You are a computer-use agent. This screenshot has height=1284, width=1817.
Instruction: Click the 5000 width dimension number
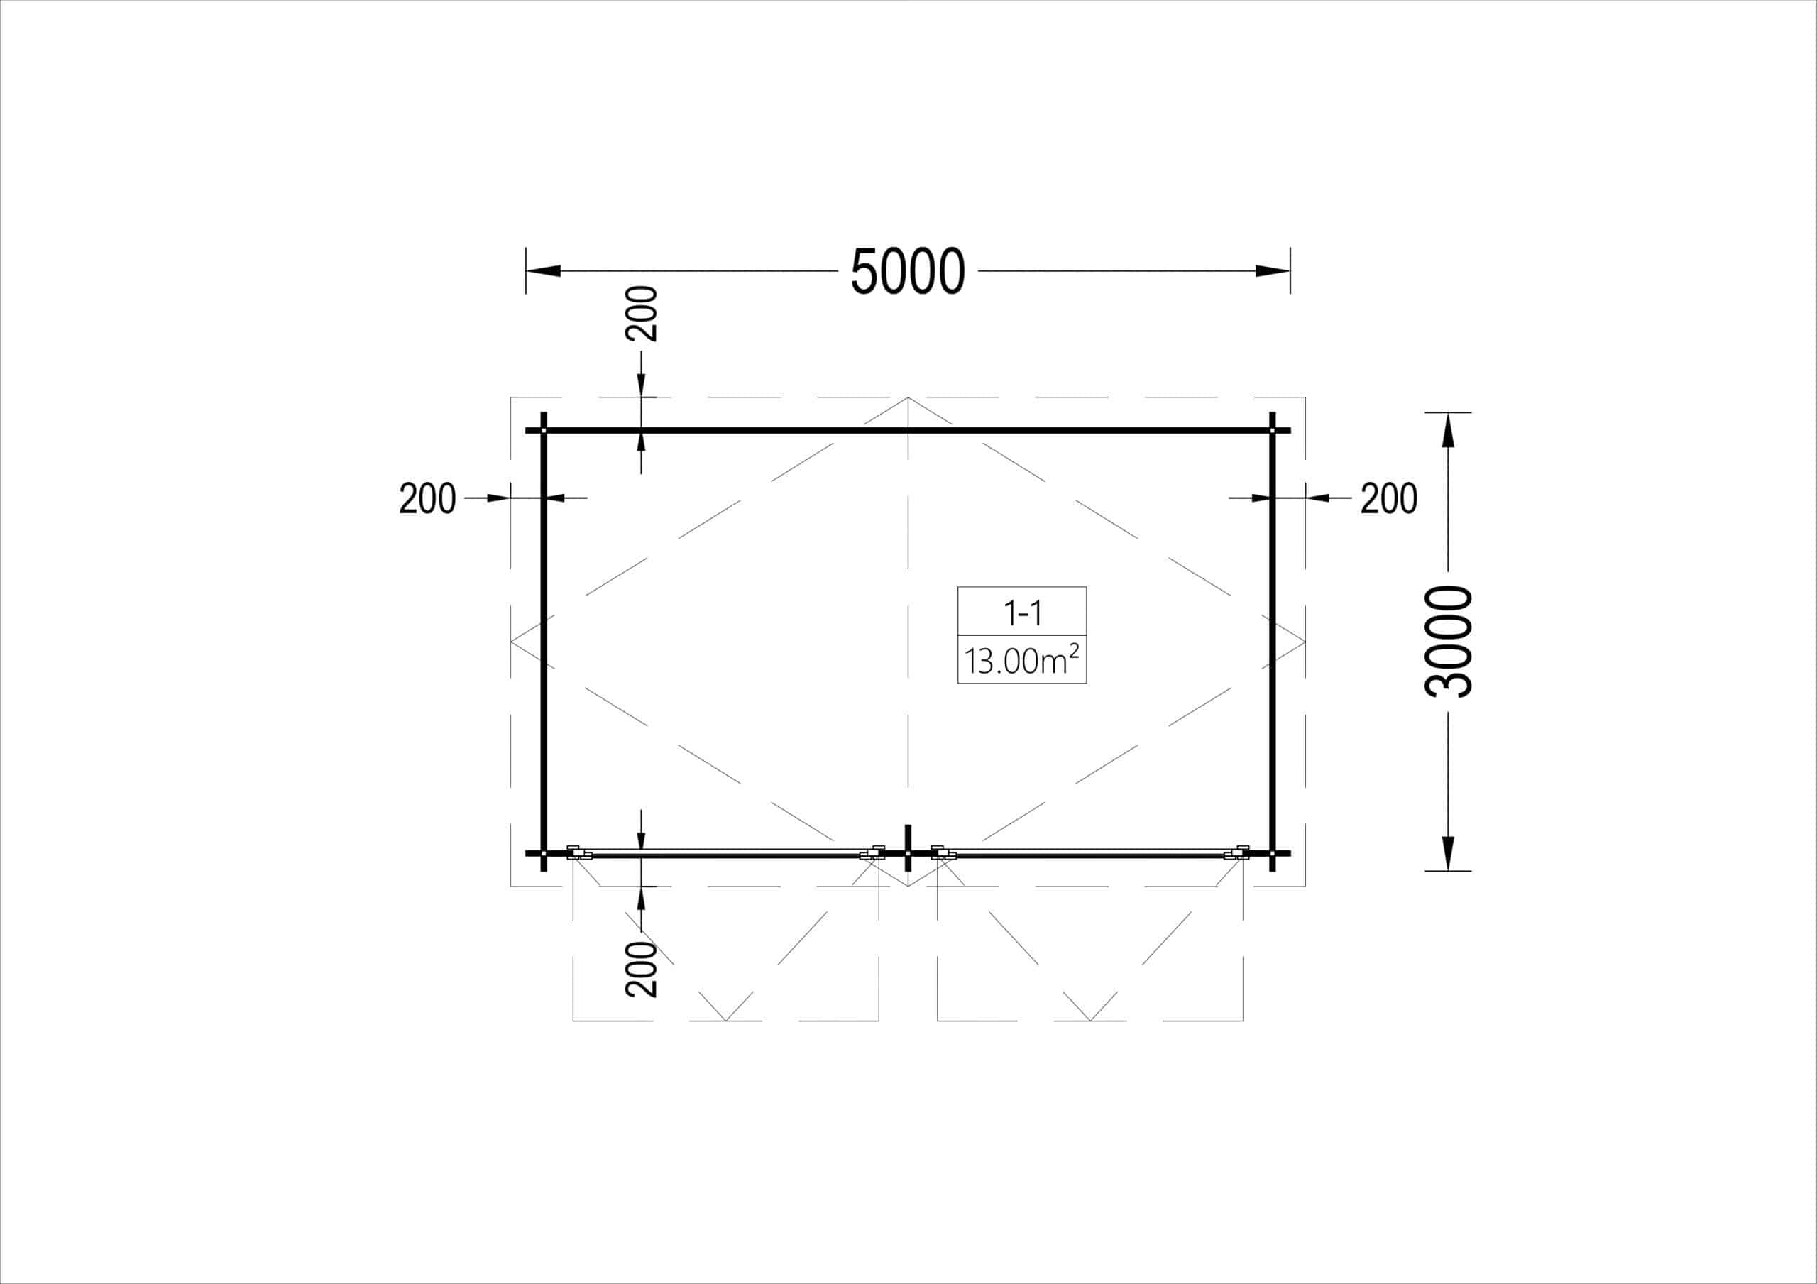[x=908, y=272]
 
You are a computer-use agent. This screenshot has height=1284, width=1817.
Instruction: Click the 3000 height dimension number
[x=1448, y=642]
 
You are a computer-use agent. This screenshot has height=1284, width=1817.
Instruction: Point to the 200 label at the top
[x=641, y=314]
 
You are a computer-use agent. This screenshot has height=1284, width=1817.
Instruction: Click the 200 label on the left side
[x=427, y=499]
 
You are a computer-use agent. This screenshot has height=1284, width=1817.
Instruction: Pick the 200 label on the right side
[x=1389, y=499]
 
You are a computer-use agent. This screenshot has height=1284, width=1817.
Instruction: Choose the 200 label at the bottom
[x=641, y=969]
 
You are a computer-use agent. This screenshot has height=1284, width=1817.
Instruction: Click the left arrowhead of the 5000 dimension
[x=543, y=270]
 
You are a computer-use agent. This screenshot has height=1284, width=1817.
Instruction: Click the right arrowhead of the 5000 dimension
[x=1273, y=270]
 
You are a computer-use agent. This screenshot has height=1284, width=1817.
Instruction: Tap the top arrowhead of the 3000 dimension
[x=1448, y=430]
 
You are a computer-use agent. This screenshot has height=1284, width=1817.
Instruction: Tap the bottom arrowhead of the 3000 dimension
[x=1448, y=854]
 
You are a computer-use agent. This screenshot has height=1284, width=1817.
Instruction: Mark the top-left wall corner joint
[x=544, y=431]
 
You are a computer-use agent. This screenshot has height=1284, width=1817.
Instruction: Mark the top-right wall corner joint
[x=1273, y=431]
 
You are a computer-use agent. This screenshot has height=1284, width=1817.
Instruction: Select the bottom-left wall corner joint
[x=544, y=853]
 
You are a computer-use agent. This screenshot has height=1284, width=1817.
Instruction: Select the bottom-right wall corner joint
[x=1273, y=853]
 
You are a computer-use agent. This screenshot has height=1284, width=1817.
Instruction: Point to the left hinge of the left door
[x=578, y=852]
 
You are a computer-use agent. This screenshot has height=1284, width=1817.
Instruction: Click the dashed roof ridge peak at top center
[x=908, y=398]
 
